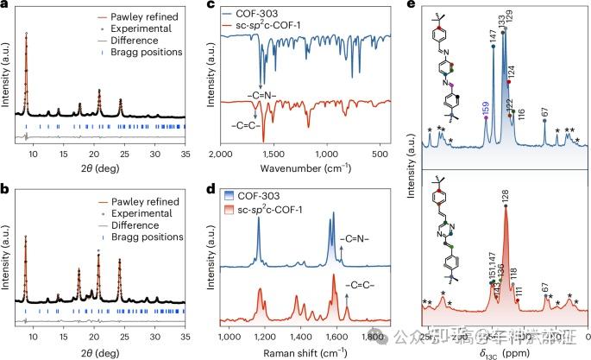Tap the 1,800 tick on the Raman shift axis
(x=373, y=337)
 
